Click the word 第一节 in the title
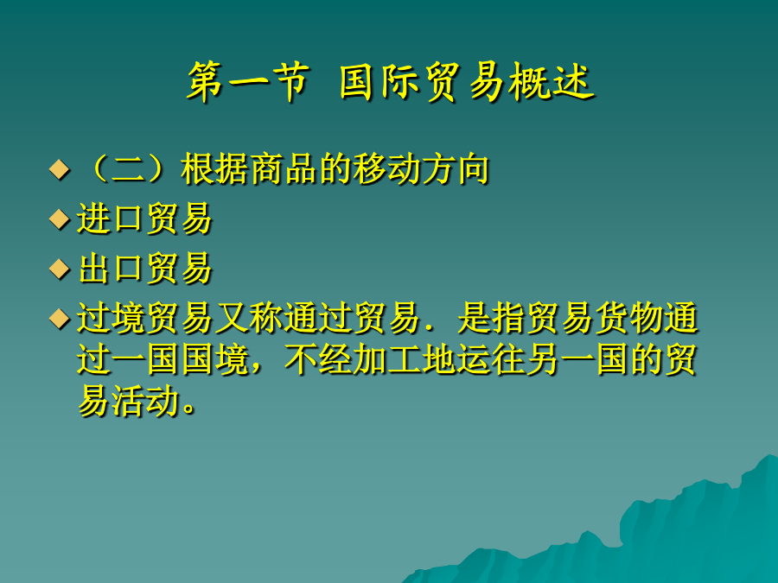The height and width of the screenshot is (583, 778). [249, 82]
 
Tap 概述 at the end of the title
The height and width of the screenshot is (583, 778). [552, 82]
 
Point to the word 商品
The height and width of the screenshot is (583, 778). [284, 169]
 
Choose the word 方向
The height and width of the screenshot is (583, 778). [456, 169]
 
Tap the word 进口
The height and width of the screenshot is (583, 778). [110, 219]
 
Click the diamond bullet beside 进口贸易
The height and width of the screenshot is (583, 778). [60, 219]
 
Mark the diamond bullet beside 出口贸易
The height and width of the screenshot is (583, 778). [60, 269]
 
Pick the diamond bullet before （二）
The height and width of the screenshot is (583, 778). [60, 169]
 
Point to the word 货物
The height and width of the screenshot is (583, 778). [628, 318]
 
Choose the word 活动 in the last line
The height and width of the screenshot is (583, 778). [145, 401]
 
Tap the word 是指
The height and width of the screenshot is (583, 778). [491, 318]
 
